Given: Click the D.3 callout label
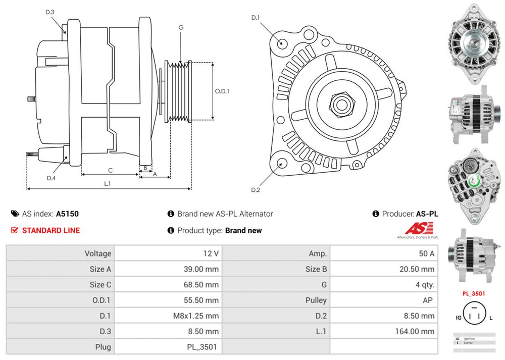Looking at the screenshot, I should point(49,12).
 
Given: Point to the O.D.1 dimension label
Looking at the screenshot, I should point(222,91).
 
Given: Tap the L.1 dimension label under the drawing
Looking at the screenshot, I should point(107,183).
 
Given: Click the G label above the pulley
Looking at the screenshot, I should point(180,27).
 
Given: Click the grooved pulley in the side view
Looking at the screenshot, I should point(181,91).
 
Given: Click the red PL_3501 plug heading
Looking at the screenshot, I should point(474,293).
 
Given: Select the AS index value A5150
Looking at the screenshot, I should point(67,214).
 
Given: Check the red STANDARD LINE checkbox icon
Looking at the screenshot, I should point(15,231).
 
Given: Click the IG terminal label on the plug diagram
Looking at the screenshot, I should point(458,318).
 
